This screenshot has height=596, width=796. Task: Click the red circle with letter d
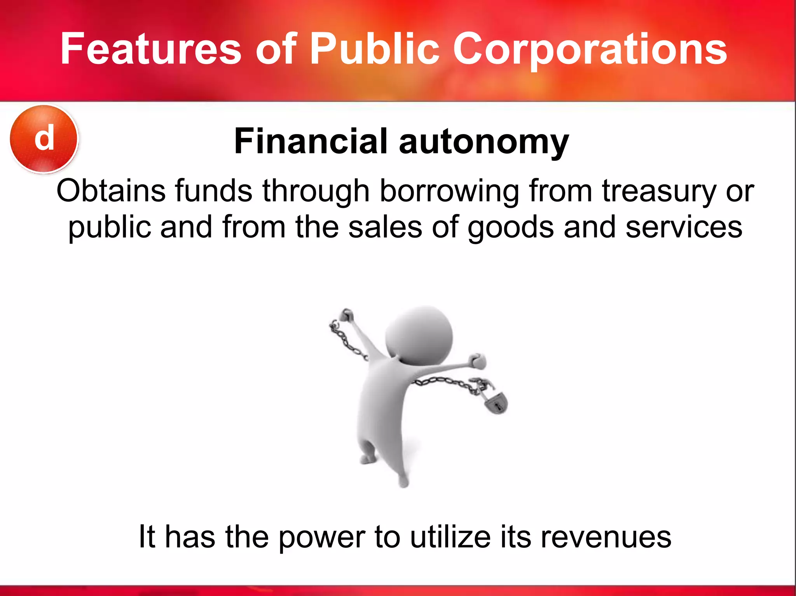click(44, 139)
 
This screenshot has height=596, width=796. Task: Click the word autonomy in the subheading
click(484, 143)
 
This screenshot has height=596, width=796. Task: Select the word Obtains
click(111, 191)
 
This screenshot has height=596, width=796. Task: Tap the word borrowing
click(449, 192)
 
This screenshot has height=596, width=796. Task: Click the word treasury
click(659, 192)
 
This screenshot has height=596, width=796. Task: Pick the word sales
click(385, 227)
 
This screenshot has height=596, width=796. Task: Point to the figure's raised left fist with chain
click(346, 315)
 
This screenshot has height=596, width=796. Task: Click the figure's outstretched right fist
click(477, 361)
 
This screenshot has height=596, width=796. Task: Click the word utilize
click(450, 537)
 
